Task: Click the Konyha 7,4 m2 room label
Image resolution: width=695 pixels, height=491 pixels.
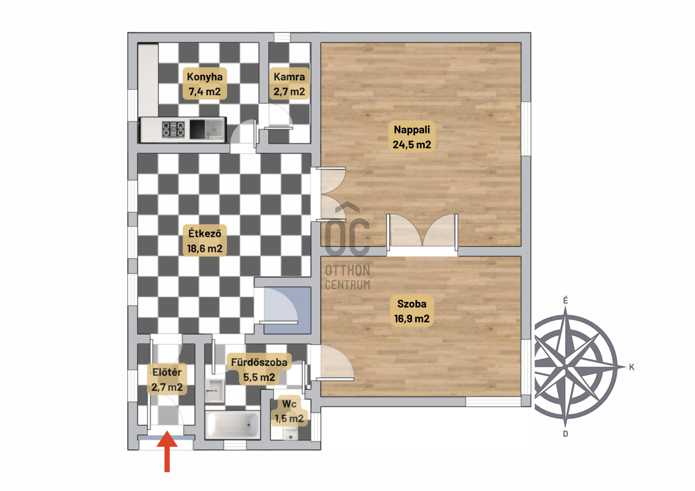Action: click(205, 84)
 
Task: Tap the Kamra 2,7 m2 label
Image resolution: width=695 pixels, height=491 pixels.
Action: click(289, 84)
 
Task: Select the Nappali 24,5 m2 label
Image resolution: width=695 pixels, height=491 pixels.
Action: click(412, 136)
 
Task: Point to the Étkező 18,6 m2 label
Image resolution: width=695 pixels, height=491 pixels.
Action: click(205, 241)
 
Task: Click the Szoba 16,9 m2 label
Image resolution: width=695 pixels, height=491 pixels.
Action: click(412, 311)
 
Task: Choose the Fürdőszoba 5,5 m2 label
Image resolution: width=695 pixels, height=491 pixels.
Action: click(259, 369)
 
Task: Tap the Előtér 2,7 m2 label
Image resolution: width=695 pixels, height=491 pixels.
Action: click(167, 379)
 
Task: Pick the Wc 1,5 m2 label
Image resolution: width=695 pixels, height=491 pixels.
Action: click(289, 411)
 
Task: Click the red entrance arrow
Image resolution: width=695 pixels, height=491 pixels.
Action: click(167, 451)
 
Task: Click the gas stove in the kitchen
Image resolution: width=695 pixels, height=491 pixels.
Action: click(173, 129)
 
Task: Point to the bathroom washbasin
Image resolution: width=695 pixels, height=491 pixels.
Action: click(215, 390)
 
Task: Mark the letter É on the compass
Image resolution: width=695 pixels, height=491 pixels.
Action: click(565, 300)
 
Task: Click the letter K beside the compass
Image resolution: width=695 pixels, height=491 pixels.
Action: click(632, 367)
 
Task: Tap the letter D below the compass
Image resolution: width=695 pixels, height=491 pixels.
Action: click(565, 434)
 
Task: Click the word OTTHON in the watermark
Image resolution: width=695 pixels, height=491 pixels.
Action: click(347, 271)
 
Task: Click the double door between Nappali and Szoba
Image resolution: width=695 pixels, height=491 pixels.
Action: click(422, 232)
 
